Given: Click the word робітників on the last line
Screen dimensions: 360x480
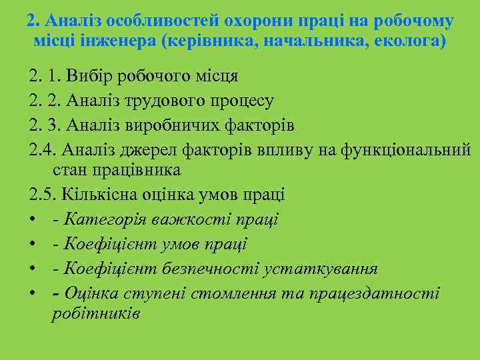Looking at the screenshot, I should pyautogui.click(x=95, y=313).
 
